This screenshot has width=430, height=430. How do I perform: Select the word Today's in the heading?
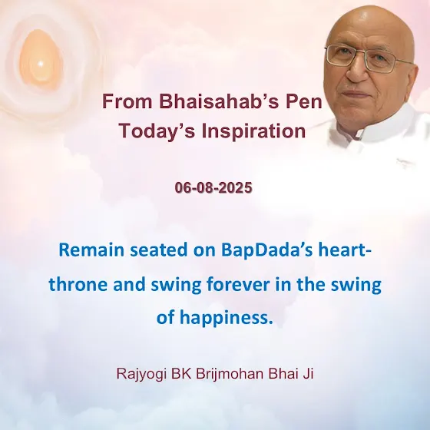coord(157,131)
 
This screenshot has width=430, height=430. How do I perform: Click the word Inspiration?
coord(253,131)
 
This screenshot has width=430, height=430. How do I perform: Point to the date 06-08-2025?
coord(213,188)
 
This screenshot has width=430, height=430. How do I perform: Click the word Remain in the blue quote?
coord(91,250)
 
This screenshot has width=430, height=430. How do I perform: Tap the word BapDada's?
coord(266,250)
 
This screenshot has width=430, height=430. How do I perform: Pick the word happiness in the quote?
coord(227,318)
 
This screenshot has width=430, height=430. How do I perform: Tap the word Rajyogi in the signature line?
coord(141,374)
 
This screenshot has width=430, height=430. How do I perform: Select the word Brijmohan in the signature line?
coord(230,374)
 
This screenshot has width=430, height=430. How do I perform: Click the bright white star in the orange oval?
coord(40,64)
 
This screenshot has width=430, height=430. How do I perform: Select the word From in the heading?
coord(127,101)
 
